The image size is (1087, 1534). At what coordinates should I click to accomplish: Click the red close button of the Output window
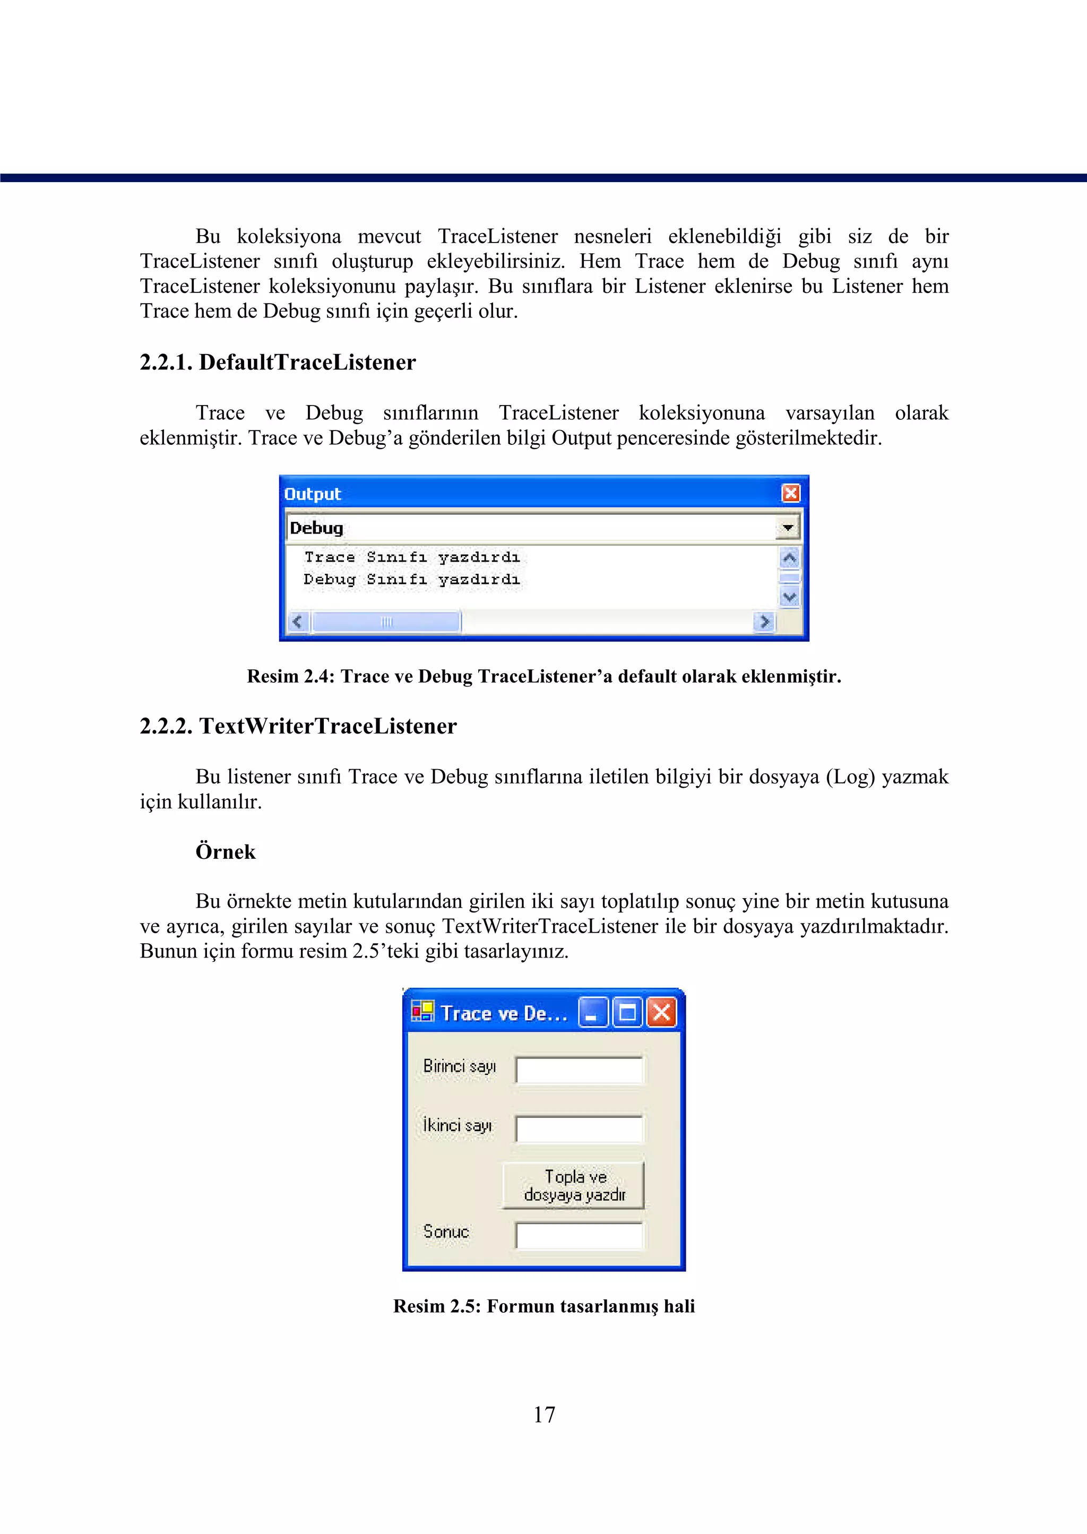click(790, 493)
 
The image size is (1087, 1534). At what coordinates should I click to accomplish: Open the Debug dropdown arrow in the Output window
click(788, 528)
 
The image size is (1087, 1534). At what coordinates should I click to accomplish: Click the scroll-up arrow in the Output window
click(790, 557)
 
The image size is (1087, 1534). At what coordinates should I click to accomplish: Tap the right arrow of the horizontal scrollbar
click(764, 622)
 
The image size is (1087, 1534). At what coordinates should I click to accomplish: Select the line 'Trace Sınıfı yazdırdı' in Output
click(412, 557)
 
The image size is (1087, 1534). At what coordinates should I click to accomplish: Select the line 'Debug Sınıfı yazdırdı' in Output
click(412, 579)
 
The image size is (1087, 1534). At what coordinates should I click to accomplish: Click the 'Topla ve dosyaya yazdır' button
click(574, 1185)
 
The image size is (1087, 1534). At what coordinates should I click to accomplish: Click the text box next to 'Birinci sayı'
click(579, 1070)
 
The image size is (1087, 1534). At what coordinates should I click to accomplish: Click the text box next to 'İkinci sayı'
click(579, 1128)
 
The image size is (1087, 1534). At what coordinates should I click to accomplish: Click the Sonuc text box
click(579, 1235)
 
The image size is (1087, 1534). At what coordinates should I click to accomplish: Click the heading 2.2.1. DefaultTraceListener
click(278, 362)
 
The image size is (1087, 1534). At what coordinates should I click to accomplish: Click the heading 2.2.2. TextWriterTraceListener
click(298, 726)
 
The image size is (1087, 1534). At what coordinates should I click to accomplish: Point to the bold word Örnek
click(226, 852)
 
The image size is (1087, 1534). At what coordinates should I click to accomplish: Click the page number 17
click(544, 1414)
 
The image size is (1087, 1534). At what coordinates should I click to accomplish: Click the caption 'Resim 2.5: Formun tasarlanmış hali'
click(544, 1306)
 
